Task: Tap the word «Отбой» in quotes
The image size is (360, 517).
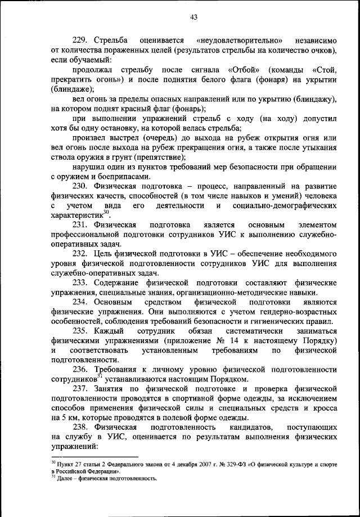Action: [244, 70]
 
